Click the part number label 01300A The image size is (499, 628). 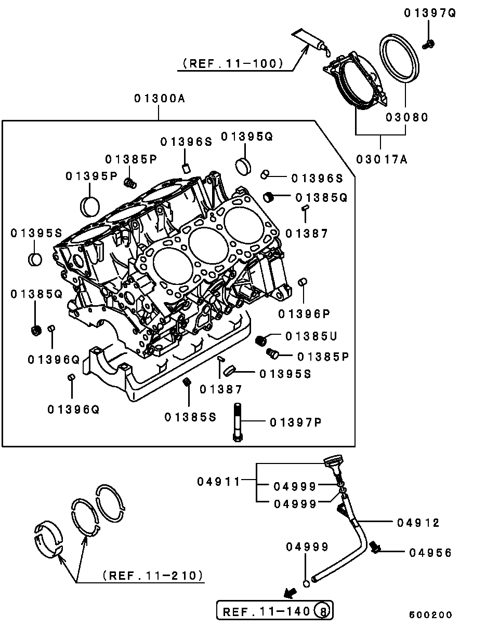tap(160, 99)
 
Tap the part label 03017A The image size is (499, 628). tap(382, 159)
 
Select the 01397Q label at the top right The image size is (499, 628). tap(430, 13)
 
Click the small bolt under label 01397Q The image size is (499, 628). tap(428, 45)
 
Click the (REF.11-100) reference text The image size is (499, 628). tap(233, 63)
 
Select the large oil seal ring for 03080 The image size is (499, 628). tap(399, 58)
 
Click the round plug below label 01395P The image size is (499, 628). tap(90, 207)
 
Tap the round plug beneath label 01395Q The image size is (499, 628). tap(243, 167)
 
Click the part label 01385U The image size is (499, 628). tap(311, 336)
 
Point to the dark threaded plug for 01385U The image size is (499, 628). tap(260, 340)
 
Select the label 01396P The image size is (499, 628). tap(304, 314)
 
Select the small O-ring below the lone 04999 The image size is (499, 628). tap(306, 584)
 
